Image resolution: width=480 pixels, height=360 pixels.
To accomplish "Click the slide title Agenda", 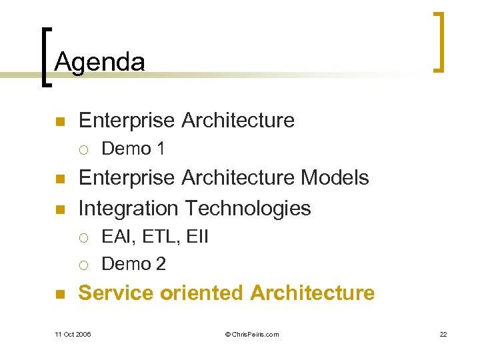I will coord(99,62).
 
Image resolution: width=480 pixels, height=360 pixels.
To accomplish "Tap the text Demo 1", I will coord(133,149).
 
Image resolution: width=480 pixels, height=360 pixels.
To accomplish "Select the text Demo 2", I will coord(133,264).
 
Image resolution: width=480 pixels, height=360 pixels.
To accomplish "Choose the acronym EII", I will coord(195,237).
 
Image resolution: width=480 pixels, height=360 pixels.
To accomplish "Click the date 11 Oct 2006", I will coord(73,334).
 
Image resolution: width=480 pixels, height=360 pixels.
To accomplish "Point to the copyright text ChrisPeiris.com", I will coord(252,334).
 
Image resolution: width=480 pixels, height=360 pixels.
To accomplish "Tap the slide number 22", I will coord(443,334).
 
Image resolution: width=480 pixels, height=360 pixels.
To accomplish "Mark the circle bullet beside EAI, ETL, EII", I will coord(82,237).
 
